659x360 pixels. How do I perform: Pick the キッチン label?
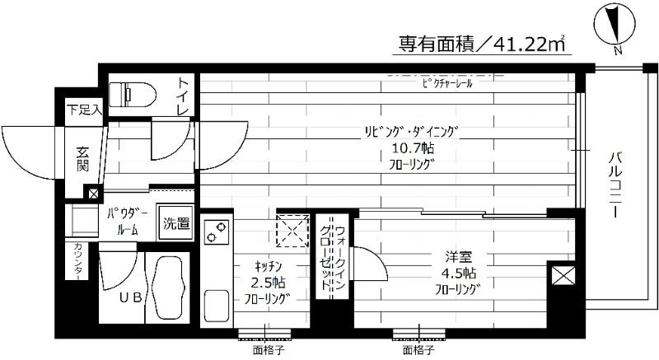(x=269, y=265)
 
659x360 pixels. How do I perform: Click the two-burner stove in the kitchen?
(x=217, y=232)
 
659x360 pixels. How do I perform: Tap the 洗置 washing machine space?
(x=175, y=222)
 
